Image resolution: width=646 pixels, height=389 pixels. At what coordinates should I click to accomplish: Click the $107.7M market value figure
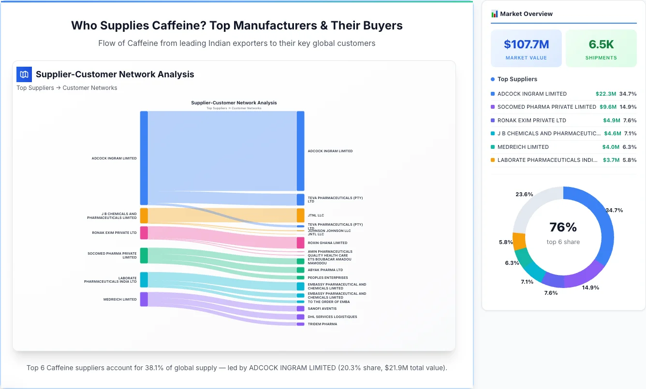(526, 44)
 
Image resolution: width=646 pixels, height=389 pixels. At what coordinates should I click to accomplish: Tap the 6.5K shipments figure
(601, 44)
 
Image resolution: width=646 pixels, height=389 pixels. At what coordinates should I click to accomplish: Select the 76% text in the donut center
(563, 227)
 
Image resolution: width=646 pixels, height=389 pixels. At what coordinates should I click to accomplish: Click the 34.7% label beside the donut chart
(614, 210)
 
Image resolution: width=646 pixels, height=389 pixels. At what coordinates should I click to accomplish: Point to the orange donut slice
(519, 241)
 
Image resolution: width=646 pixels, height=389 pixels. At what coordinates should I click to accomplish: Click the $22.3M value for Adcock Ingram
(606, 94)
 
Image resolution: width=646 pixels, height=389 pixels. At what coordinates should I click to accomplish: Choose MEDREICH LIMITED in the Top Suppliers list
(523, 147)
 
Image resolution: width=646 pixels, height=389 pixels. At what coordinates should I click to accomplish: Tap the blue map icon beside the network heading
(24, 74)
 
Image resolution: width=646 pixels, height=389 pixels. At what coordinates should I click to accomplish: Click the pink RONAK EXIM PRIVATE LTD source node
(144, 233)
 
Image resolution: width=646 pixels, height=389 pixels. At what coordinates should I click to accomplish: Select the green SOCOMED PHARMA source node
(144, 256)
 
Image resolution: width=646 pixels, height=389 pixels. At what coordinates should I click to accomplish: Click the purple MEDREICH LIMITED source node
(144, 299)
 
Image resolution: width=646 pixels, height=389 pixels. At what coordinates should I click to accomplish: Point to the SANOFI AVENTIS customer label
(322, 308)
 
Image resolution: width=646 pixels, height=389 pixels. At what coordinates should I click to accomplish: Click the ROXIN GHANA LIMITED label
(327, 243)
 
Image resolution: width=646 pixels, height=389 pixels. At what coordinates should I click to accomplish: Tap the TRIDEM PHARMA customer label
(322, 324)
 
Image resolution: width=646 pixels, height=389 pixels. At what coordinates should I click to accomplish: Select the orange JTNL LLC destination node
(300, 215)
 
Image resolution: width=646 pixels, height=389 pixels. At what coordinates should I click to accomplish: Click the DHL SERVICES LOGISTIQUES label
(332, 317)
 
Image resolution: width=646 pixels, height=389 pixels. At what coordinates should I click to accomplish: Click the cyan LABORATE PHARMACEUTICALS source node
(144, 280)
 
